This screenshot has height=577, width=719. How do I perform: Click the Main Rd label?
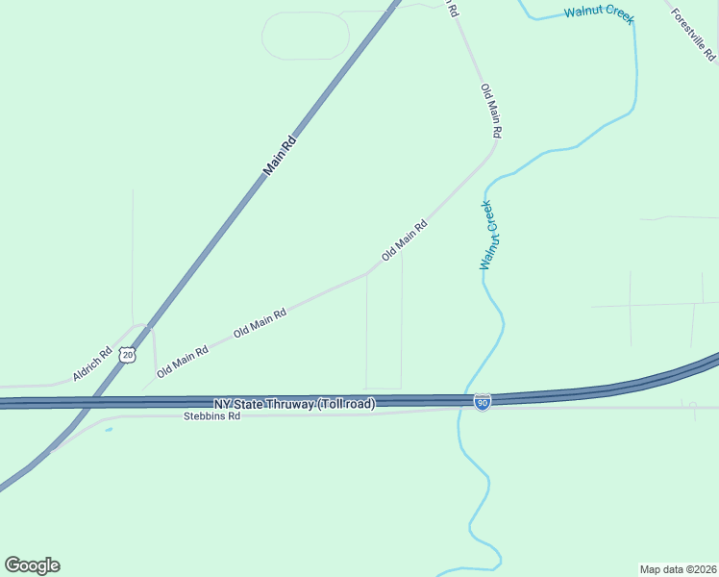280,157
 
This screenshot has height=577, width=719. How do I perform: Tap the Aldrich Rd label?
92,363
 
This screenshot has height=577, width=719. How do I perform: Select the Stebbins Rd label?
211,417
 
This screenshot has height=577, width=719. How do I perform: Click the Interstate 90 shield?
483,403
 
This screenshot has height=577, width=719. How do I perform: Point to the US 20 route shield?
128,355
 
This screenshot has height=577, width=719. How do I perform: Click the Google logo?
32,564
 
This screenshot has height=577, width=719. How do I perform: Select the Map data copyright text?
678,568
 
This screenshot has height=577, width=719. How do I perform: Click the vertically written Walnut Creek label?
487,235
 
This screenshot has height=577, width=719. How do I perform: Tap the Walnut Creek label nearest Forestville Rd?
598,13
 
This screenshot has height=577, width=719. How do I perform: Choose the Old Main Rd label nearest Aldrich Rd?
183,362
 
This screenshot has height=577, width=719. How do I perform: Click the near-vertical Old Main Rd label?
492,109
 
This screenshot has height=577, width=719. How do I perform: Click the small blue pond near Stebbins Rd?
109,430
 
